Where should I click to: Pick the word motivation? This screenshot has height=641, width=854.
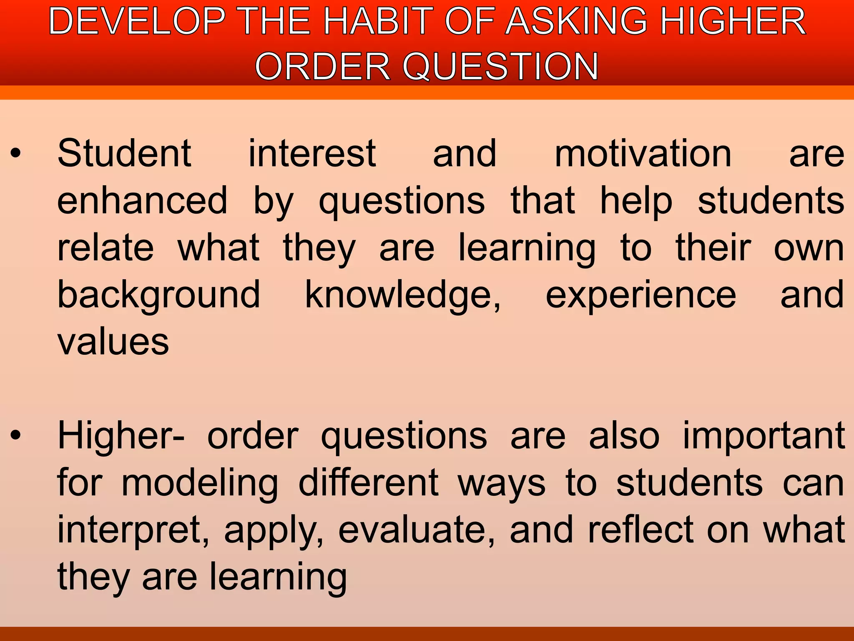643,154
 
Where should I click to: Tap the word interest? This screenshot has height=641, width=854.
312,154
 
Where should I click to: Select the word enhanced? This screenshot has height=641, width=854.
142,201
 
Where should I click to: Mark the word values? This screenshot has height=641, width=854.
113,342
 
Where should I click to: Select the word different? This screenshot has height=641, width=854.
368,483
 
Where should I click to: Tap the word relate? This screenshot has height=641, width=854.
105,248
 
